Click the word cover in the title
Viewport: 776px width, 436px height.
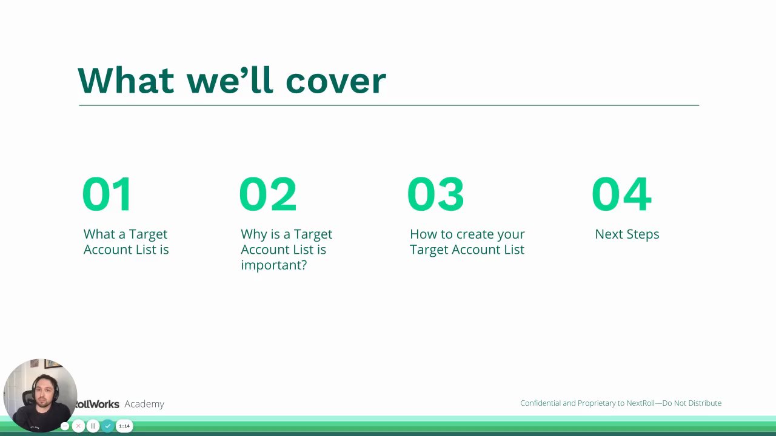pyautogui.click(x=336, y=81)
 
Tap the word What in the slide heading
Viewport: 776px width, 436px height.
pyautogui.click(x=125, y=81)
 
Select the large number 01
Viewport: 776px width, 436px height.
pyautogui.click(x=107, y=194)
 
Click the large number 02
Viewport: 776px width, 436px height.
pyautogui.click(x=268, y=194)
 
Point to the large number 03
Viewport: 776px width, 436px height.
pyautogui.click(x=435, y=194)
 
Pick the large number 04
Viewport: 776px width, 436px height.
pyautogui.click(x=621, y=194)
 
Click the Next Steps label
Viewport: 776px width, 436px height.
pyautogui.click(x=627, y=234)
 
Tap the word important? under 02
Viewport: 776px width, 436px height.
pyautogui.click(x=274, y=265)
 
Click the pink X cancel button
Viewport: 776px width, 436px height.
pyautogui.click(x=78, y=426)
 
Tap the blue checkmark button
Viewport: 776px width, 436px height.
pyautogui.click(x=108, y=426)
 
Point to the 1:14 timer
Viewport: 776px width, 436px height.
pyautogui.click(x=124, y=426)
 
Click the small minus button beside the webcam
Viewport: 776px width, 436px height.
pyautogui.click(x=65, y=426)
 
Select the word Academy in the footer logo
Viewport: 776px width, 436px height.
pyautogui.click(x=144, y=404)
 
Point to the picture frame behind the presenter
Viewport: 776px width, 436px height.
pyautogui.click(x=52, y=364)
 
